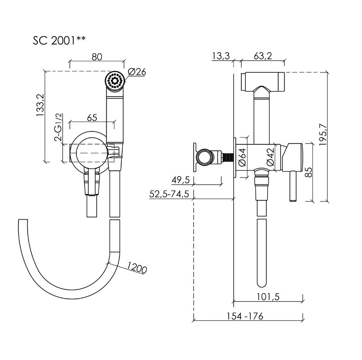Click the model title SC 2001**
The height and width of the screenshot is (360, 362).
(x=59, y=41)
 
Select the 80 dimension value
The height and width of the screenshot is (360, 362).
(x=97, y=57)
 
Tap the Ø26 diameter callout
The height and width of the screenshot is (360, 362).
(x=137, y=72)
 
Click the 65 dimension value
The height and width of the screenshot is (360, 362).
(x=92, y=117)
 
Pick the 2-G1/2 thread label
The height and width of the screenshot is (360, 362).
(x=58, y=127)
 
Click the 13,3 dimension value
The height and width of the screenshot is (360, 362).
(x=221, y=56)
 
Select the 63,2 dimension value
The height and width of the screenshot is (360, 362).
(x=263, y=56)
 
